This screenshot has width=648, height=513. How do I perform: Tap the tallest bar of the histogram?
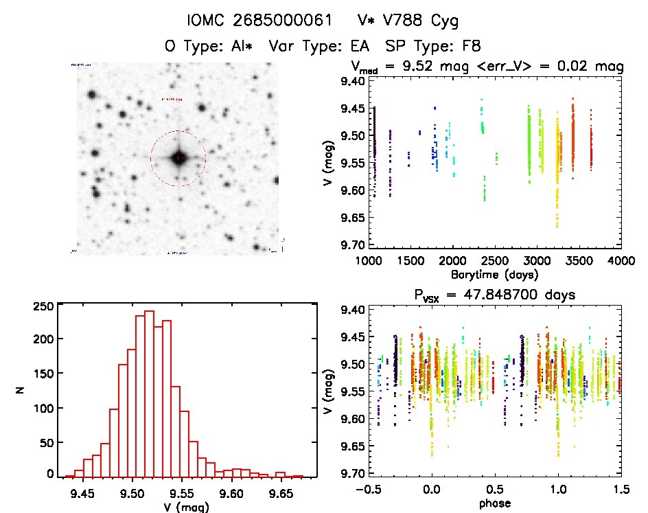pos(149,394)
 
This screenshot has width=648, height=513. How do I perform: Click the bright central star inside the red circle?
pos(178,158)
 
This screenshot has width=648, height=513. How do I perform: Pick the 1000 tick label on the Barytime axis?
pos(369,262)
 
